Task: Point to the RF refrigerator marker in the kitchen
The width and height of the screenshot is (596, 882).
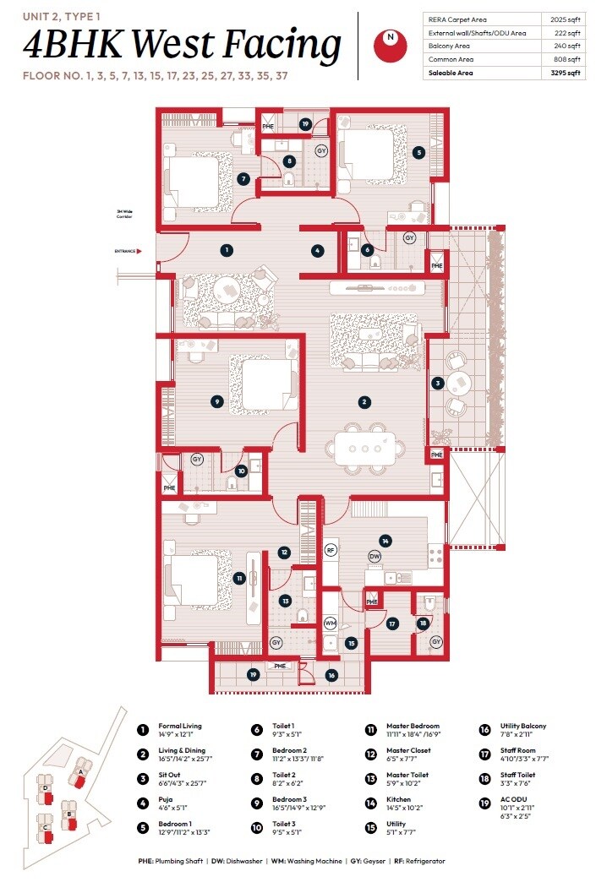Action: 331,550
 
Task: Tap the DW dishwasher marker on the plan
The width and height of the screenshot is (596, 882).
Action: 375,556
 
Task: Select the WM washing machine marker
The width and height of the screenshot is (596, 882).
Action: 331,623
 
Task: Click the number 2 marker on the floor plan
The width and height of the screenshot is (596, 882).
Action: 364,402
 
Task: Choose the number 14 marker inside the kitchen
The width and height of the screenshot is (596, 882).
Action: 385,541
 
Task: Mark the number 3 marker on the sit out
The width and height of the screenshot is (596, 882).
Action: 437,383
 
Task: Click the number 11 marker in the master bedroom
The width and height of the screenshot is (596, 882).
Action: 240,578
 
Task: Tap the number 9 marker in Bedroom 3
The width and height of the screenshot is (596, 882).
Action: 217,402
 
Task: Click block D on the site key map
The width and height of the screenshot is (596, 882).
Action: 45,788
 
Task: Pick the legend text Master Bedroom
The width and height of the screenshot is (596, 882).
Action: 413,727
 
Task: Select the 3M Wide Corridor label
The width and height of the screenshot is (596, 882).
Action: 125,215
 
